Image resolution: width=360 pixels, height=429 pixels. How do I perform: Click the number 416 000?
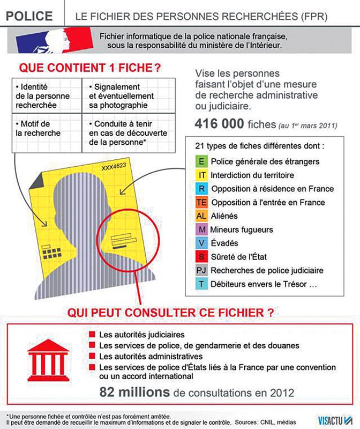tap(223, 125)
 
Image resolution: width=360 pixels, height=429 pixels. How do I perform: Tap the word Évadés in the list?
tap(226, 244)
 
